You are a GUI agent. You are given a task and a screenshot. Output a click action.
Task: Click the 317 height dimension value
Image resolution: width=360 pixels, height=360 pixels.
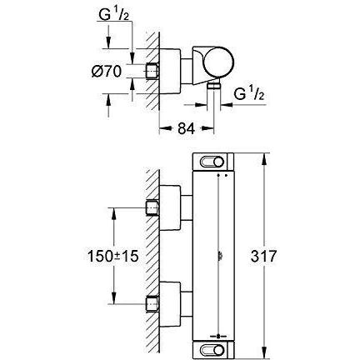pos(263,256)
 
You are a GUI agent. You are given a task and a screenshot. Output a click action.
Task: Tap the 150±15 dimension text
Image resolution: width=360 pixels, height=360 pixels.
pos(112,256)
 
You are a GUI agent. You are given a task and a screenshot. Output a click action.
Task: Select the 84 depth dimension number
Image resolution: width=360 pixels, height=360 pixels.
pos(186,128)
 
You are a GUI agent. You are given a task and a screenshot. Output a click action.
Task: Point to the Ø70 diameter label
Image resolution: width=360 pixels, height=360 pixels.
pos(107,72)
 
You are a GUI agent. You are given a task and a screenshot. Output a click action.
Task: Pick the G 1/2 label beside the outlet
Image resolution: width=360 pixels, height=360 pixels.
pos(248,93)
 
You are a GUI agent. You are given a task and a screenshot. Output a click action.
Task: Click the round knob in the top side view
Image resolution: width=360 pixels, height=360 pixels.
pos(218,63)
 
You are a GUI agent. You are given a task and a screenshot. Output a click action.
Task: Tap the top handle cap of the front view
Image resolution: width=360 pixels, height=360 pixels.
pos(213,162)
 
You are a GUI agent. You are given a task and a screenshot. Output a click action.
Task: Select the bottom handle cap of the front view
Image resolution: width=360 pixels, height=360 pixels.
pos(213,348)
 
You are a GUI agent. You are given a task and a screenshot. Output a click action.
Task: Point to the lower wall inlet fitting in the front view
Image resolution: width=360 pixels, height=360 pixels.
pos(152,304)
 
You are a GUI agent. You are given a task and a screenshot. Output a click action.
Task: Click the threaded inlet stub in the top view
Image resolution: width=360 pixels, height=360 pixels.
pos(152,72)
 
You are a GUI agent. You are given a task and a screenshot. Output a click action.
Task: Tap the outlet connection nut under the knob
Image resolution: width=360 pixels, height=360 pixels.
pos(213,86)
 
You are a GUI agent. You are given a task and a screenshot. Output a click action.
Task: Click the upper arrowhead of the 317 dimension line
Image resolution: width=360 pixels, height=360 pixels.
pos(265,159)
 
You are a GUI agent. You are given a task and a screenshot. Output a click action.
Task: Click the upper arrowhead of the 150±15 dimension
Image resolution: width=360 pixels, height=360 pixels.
pos(113,214)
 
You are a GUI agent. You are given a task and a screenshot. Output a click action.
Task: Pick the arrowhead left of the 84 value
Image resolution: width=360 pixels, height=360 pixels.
pos(165,128)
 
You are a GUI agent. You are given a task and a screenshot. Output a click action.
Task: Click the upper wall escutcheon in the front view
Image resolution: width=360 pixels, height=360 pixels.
pos(170,207)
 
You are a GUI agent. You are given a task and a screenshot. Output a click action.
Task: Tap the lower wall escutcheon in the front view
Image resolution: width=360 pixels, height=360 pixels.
pos(170,304)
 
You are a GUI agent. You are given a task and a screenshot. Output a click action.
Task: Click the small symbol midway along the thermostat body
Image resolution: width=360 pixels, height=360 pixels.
pos(219,256)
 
